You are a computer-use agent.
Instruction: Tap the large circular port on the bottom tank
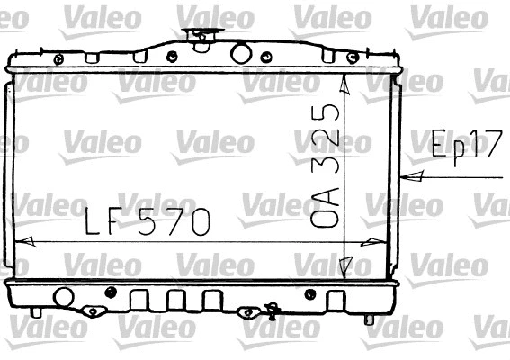click(x=63, y=296)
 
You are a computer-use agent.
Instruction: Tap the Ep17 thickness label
click(x=465, y=146)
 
